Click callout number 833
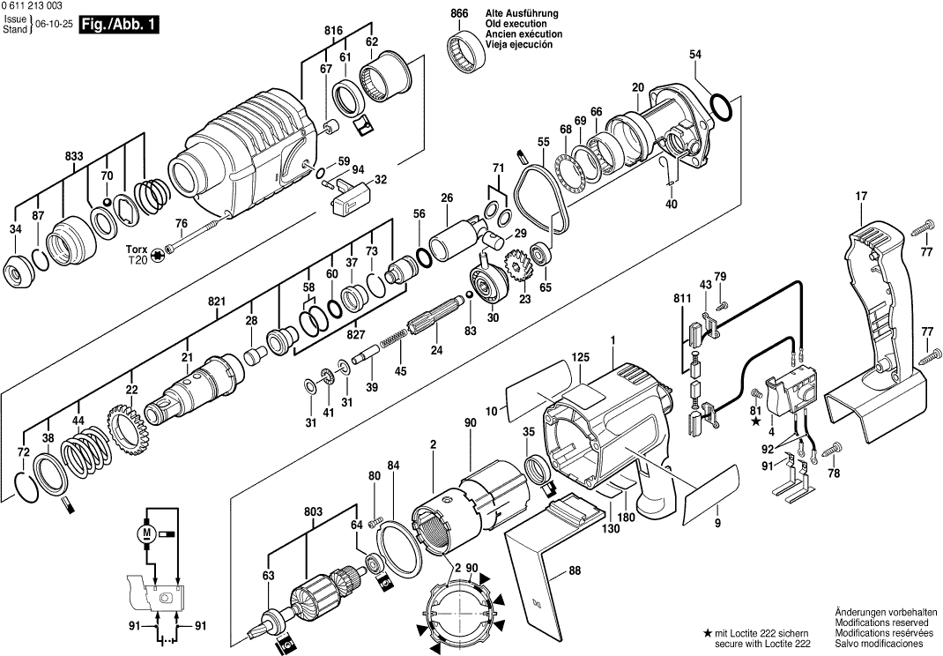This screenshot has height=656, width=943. click(x=75, y=156)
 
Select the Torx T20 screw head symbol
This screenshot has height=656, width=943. click(x=158, y=254)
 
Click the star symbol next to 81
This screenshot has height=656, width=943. click(x=755, y=422)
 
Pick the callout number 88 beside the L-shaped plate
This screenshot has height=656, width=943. click(x=575, y=571)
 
